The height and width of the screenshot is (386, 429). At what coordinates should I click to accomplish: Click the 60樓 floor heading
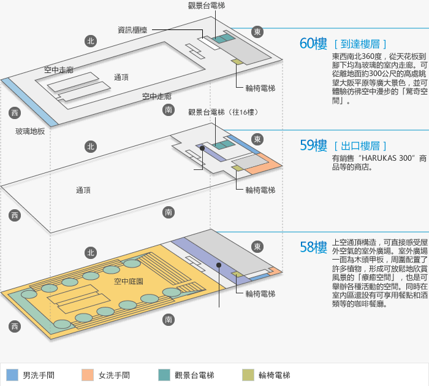313,44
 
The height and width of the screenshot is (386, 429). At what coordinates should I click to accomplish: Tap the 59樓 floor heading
313,145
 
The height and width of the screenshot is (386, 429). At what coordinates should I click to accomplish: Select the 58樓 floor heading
313,247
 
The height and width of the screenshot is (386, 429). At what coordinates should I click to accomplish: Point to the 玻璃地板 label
30,131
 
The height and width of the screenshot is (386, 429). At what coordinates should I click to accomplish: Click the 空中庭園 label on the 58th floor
129,281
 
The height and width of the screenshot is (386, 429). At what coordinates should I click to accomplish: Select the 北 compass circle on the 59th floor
91,146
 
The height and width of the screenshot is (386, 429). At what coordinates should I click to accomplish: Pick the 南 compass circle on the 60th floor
169,110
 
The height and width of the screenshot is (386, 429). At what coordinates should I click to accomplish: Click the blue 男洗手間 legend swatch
12,375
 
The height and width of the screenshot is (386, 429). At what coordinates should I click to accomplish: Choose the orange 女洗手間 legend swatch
88,375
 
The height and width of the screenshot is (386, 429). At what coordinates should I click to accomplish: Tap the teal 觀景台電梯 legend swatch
164,375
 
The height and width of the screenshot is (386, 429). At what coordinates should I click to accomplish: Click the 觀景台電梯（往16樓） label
222,112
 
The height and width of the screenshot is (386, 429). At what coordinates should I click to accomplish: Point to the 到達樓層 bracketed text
360,44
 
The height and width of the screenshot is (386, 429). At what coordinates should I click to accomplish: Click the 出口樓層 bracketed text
360,146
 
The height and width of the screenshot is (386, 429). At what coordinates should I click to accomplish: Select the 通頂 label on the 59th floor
83,190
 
